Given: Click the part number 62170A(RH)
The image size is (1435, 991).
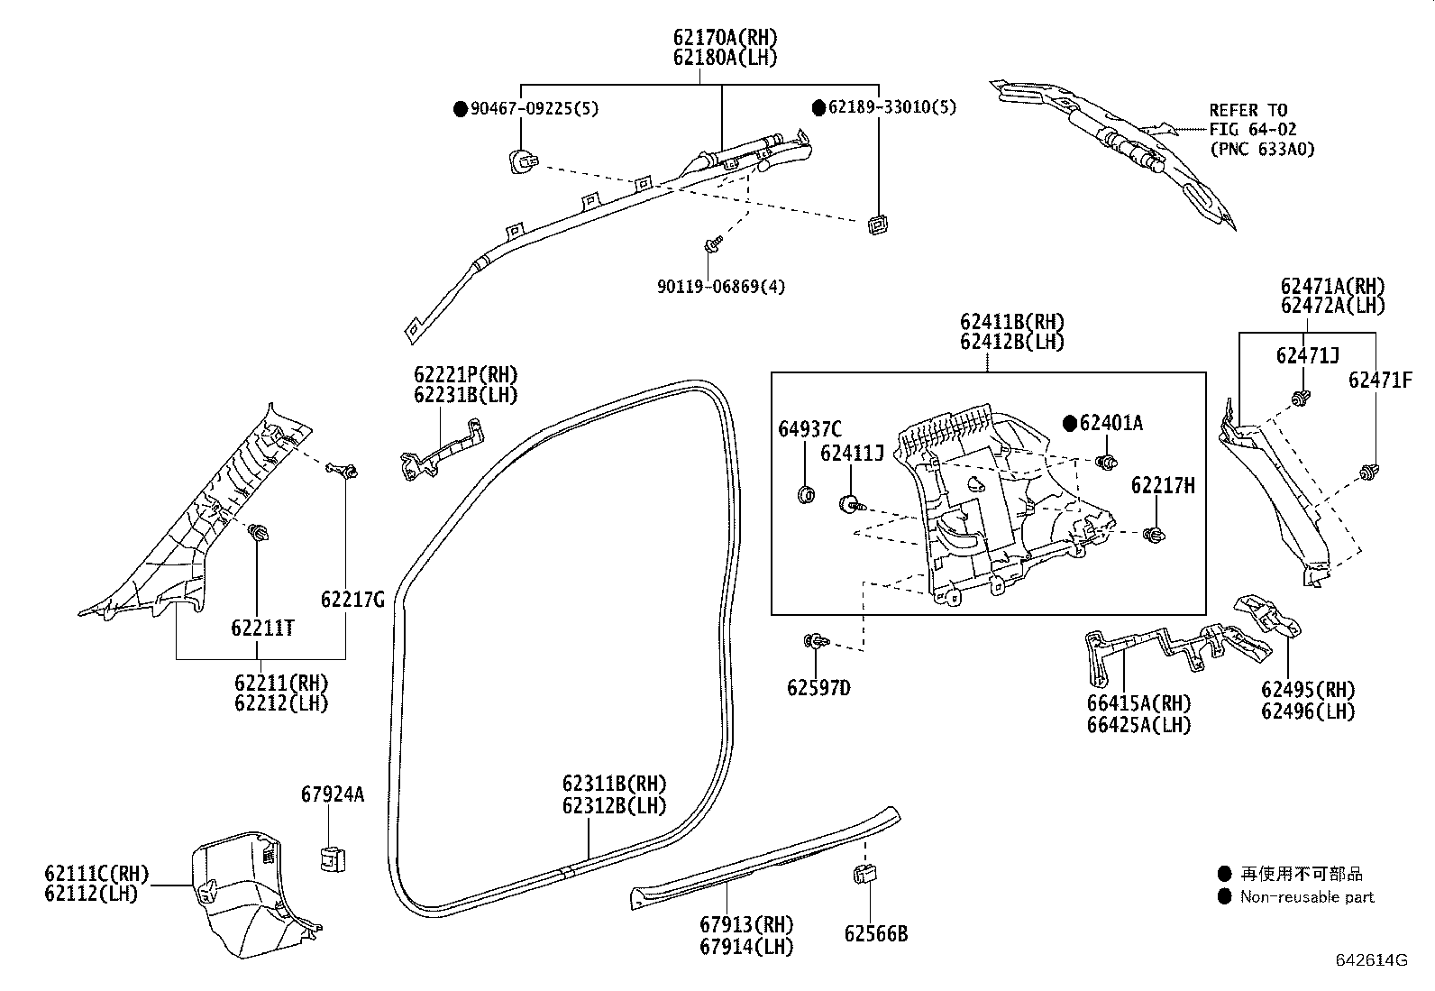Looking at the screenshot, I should (724, 38).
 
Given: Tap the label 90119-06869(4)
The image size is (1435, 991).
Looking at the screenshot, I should (720, 287).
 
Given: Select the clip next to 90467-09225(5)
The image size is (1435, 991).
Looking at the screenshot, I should (521, 162).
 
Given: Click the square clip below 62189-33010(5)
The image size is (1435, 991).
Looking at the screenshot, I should (874, 224).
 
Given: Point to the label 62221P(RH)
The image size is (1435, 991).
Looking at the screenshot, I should (466, 375).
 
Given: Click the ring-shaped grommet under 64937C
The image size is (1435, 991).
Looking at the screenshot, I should (807, 494).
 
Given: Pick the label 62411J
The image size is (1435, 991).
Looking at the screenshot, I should (851, 454).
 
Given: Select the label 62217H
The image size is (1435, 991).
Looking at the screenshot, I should (1163, 486).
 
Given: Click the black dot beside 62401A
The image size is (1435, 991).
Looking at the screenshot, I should (1069, 423).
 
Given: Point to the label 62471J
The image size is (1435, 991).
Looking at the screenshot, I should (1307, 355).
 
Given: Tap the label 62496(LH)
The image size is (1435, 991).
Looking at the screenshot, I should (1307, 711).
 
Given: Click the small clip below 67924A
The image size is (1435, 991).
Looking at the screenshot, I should (333, 859).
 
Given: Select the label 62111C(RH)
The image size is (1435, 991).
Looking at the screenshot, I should (96, 873).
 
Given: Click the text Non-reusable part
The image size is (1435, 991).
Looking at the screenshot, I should (1307, 896).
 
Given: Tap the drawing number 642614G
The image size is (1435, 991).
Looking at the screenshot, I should (1370, 961).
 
